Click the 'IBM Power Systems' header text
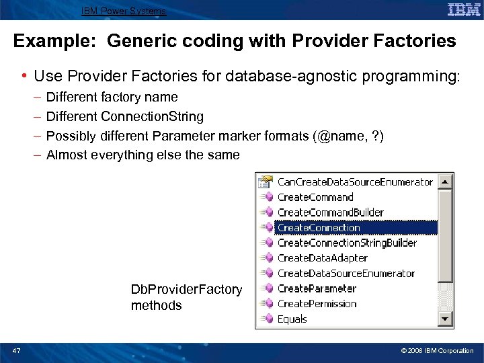(124, 11)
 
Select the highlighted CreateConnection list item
(319, 228)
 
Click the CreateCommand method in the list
(315, 197)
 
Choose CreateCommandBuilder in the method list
(330, 212)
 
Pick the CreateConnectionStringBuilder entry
(347, 243)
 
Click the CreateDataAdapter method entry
(322, 258)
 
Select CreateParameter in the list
(317, 288)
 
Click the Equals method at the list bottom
(292, 319)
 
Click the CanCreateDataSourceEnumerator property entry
(355, 182)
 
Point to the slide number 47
(16, 351)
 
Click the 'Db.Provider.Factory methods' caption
(186, 297)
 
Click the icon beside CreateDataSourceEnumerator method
(267, 274)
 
